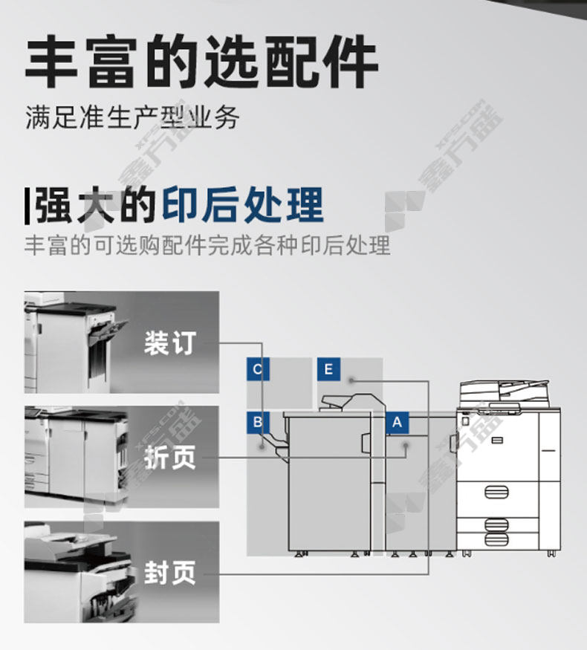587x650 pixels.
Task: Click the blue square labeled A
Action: click(x=397, y=423)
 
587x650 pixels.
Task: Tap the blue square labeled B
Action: click(x=258, y=423)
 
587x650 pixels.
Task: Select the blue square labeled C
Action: click(x=258, y=369)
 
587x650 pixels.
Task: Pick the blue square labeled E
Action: click(x=328, y=369)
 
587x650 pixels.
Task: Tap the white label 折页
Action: click(x=170, y=458)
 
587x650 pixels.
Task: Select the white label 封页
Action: click(x=170, y=573)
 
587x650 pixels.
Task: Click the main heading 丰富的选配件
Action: click(x=201, y=62)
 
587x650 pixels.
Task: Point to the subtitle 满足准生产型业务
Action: click(x=132, y=117)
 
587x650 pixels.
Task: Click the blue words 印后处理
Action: click(x=242, y=206)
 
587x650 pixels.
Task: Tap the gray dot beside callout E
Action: click(x=351, y=380)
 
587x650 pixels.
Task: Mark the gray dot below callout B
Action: click(x=262, y=446)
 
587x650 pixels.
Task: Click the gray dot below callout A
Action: click(x=406, y=446)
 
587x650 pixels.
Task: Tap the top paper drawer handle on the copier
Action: click(x=496, y=493)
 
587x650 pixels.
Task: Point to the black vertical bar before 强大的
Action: click(x=27, y=206)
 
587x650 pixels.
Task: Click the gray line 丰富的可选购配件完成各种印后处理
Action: click(x=207, y=245)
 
